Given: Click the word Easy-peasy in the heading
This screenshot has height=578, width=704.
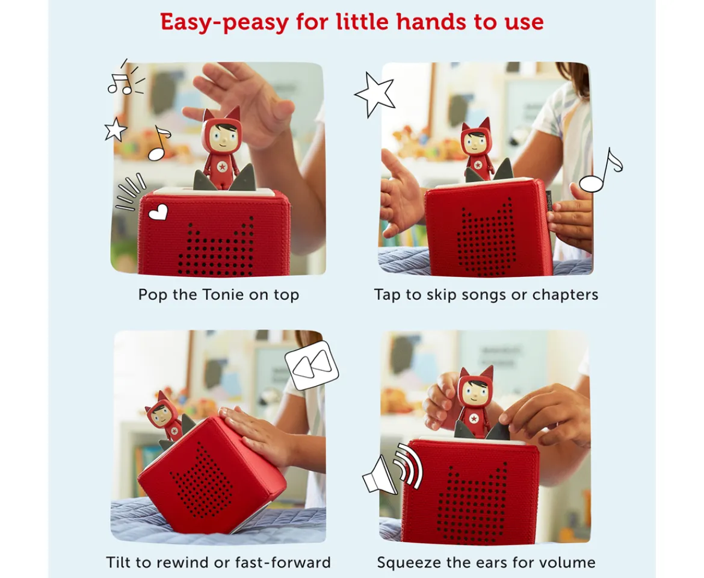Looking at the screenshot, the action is pyautogui.click(x=224, y=22).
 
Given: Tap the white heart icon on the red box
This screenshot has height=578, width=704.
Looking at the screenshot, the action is pyautogui.click(x=158, y=212).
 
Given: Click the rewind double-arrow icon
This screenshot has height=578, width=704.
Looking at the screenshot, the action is pyautogui.click(x=312, y=365).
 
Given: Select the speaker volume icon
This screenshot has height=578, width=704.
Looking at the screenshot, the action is pyautogui.click(x=392, y=469).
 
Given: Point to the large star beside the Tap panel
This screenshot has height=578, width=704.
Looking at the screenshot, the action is pyautogui.click(x=374, y=94).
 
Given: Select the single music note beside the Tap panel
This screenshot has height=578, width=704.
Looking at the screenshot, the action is pyautogui.click(x=601, y=170).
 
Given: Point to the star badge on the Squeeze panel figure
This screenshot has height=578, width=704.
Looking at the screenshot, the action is pyautogui.click(x=473, y=419).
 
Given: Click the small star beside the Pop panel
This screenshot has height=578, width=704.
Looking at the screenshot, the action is pyautogui.click(x=116, y=129).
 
